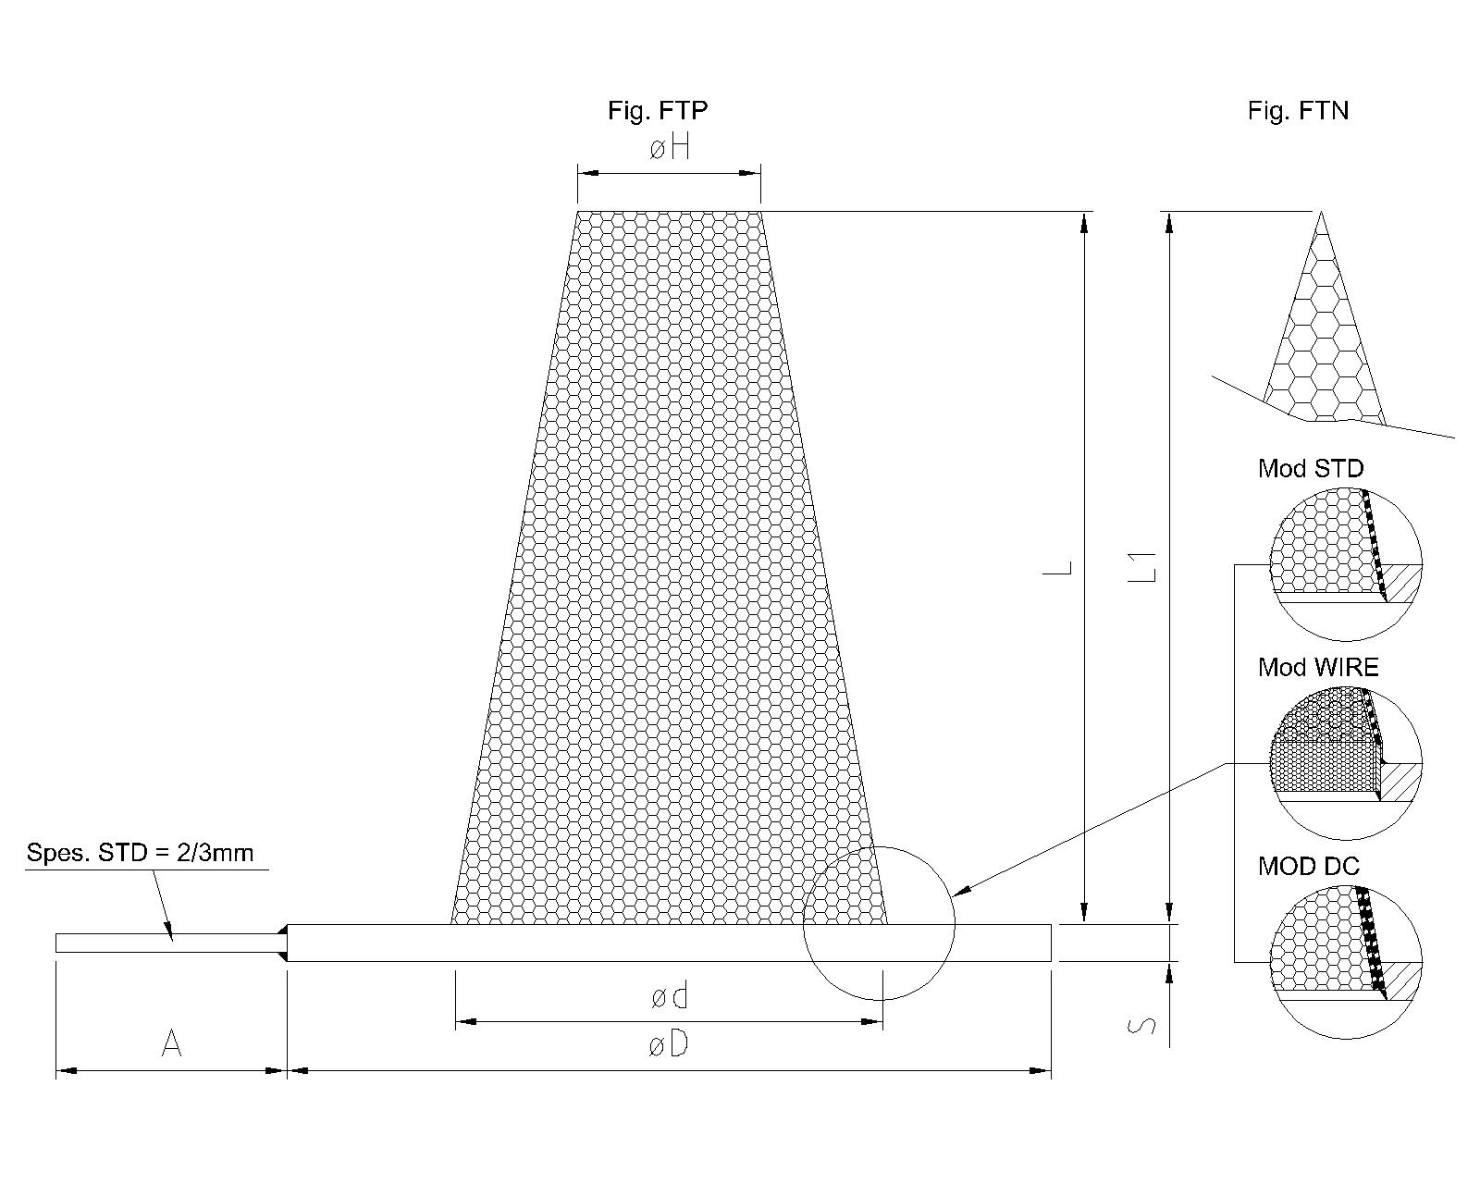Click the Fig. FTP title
point(658,111)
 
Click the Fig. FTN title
point(1298,111)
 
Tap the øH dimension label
point(669,148)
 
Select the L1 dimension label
point(1142,565)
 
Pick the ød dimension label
point(669,995)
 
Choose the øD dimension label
point(669,1045)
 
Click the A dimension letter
point(171,1043)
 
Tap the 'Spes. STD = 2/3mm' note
point(141,853)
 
